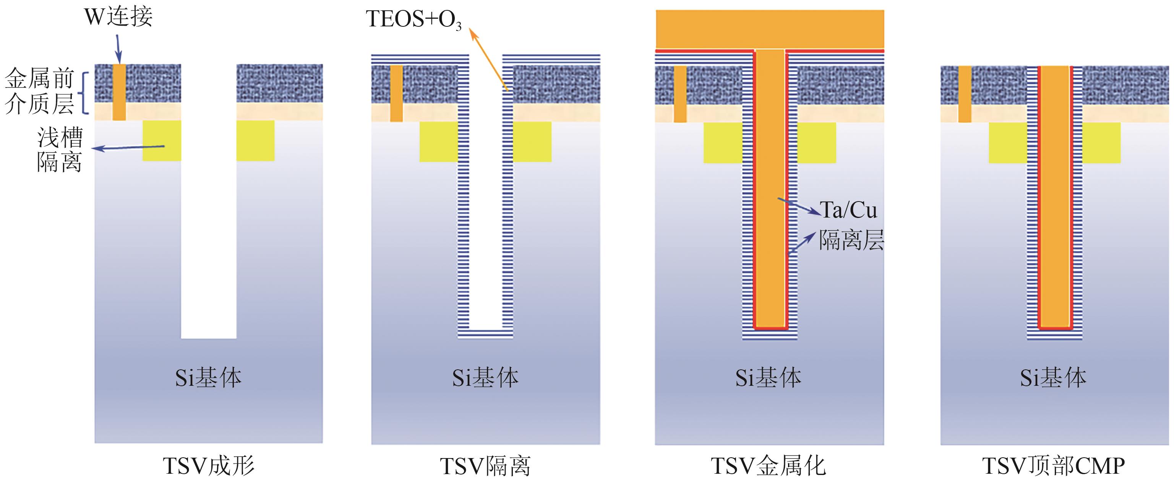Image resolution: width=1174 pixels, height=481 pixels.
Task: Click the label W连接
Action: click(x=118, y=17)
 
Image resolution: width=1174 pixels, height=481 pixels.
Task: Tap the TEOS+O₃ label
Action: click(x=413, y=19)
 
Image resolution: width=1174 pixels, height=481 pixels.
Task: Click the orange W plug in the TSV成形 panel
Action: click(x=119, y=92)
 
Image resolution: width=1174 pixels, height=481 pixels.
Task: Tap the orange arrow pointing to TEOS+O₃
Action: click(x=490, y=57)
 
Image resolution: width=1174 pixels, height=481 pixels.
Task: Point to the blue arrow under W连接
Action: click(x=118, y=49)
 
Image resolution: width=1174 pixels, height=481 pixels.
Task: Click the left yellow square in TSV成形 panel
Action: click(x=162, y=140)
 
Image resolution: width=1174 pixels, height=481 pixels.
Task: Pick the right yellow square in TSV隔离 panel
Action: click(x=532, y=141)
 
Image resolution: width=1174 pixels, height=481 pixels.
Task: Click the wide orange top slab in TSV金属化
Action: click(x=769, y=29)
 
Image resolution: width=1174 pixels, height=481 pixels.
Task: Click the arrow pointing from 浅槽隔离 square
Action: click(x=128, y=148)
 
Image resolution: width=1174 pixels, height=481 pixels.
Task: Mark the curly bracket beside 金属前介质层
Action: click(x=85, y=92)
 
